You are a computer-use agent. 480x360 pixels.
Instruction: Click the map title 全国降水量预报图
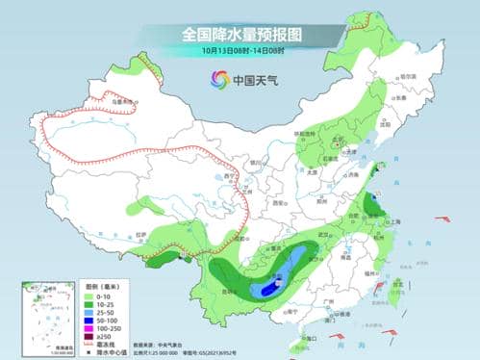[241, 34]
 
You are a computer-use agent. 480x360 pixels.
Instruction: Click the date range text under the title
[240, 50]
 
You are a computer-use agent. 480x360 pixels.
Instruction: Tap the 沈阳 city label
[385, 125]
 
